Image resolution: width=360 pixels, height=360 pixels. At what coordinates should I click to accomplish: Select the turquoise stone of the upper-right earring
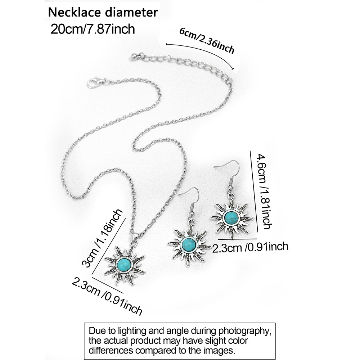pyautogui.click(x=231, y=217)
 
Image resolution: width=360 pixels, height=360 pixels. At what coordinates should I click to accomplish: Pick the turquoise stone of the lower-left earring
pyautogui.click(x=188, y=244)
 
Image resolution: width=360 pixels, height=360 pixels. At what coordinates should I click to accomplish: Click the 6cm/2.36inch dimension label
pyautogui.click(x=207, y=40)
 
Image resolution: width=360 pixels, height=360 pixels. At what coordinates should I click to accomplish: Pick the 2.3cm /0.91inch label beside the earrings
pyautogui.click(x=250, y=248)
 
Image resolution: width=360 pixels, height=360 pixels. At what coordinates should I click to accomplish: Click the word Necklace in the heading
pyautogui.click(x=71, y=12)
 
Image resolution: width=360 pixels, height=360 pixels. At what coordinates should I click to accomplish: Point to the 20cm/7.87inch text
pyautogui.click(x=93, y=28)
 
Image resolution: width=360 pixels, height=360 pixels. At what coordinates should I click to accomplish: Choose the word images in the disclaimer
pyautogui.click(x=220, y=349)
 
